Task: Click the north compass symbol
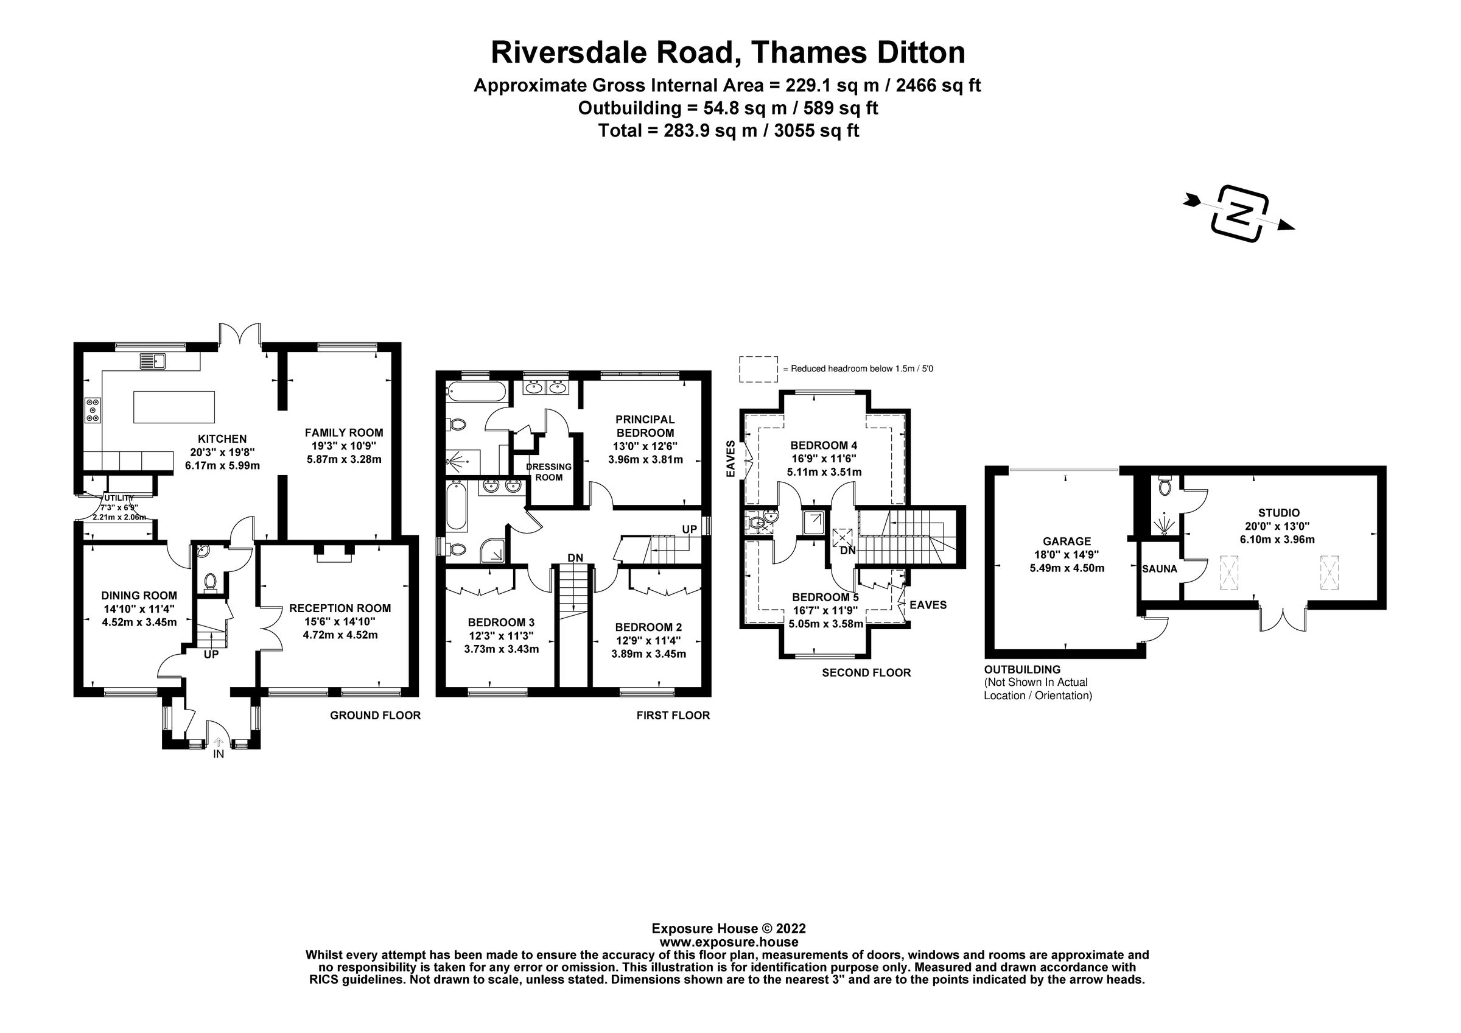[1239, 214]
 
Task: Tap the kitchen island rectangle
[173, 407]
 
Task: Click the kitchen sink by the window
[153, 362]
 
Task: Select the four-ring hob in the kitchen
[94, 410]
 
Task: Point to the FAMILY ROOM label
[343, 433]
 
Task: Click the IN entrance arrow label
[219, 754]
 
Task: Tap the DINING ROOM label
[139, 596]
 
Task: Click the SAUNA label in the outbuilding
[1160, 569]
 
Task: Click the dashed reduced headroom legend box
[758, 369]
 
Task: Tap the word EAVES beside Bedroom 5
[928, 605]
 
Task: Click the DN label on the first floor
[575, 558]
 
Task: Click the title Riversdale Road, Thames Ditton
[728, 53]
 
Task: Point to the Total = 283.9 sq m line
[728, 131]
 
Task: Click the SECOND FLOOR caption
[866, 673]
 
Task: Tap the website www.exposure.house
[729, 942]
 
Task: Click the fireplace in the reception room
[334, 553]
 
